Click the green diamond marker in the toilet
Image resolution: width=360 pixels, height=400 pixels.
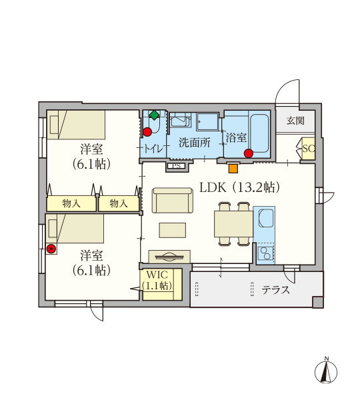[154, 115]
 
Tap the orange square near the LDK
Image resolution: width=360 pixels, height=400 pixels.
[233, 169]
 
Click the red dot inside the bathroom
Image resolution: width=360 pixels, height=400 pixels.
[248, 153]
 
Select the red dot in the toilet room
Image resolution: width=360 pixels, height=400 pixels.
[147, 132]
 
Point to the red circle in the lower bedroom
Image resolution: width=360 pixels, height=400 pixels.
[51, 249]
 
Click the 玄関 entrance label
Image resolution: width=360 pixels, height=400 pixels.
[295, 121]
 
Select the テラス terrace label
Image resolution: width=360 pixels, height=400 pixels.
[276, 290]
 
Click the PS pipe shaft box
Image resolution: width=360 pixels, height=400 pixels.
[177, 166]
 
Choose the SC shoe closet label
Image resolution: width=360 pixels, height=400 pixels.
[309, 149]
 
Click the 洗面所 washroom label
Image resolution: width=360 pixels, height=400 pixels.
[195, 143]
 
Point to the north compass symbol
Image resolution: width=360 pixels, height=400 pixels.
[326, 371]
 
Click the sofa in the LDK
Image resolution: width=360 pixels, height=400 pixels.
[173, 200]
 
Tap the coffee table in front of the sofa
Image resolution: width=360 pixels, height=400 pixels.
[173, 230]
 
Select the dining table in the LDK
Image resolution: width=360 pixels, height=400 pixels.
[233, 224]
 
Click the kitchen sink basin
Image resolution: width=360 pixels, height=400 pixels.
[266, 217]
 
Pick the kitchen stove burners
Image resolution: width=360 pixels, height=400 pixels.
[265, 253]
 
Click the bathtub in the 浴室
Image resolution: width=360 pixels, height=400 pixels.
[259, 133]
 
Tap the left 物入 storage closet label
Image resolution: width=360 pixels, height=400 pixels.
[71, 203]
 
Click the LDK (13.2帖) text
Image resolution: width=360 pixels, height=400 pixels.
[239, 188]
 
